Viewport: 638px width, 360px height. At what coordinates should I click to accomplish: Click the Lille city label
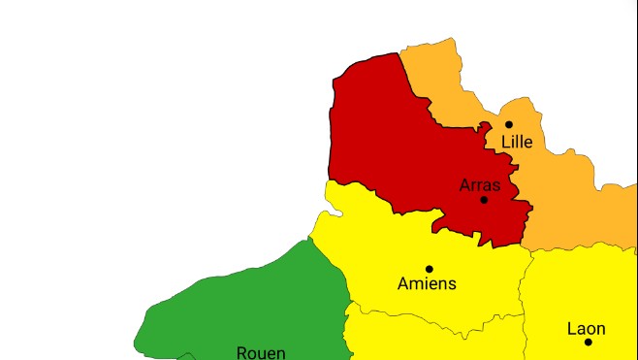[x=517, y=142]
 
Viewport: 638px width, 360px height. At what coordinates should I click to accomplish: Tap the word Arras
[x=480, y=184]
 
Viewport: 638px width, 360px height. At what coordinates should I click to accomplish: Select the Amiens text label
[x=427, y=284]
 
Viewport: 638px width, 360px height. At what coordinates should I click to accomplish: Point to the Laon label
[x=587, y=329]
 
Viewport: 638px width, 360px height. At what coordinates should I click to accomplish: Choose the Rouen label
[x=261, y=353]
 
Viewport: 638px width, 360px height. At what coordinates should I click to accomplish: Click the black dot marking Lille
[x=509, y=124]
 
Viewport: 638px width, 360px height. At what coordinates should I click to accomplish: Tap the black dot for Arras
[x=484, y=200]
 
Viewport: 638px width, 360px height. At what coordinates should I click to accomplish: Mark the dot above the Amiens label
[x=429, y=269]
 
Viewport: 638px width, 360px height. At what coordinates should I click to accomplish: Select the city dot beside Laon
[x=588, y=342]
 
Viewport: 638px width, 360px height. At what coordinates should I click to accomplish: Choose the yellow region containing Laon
[x=582, y=291]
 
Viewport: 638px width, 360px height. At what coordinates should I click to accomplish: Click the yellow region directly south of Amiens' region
[x=427, y=340]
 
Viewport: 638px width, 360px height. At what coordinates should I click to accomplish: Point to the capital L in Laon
[x=571, y=329]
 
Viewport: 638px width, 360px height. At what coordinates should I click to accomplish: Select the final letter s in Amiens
[x=452, y=284]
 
